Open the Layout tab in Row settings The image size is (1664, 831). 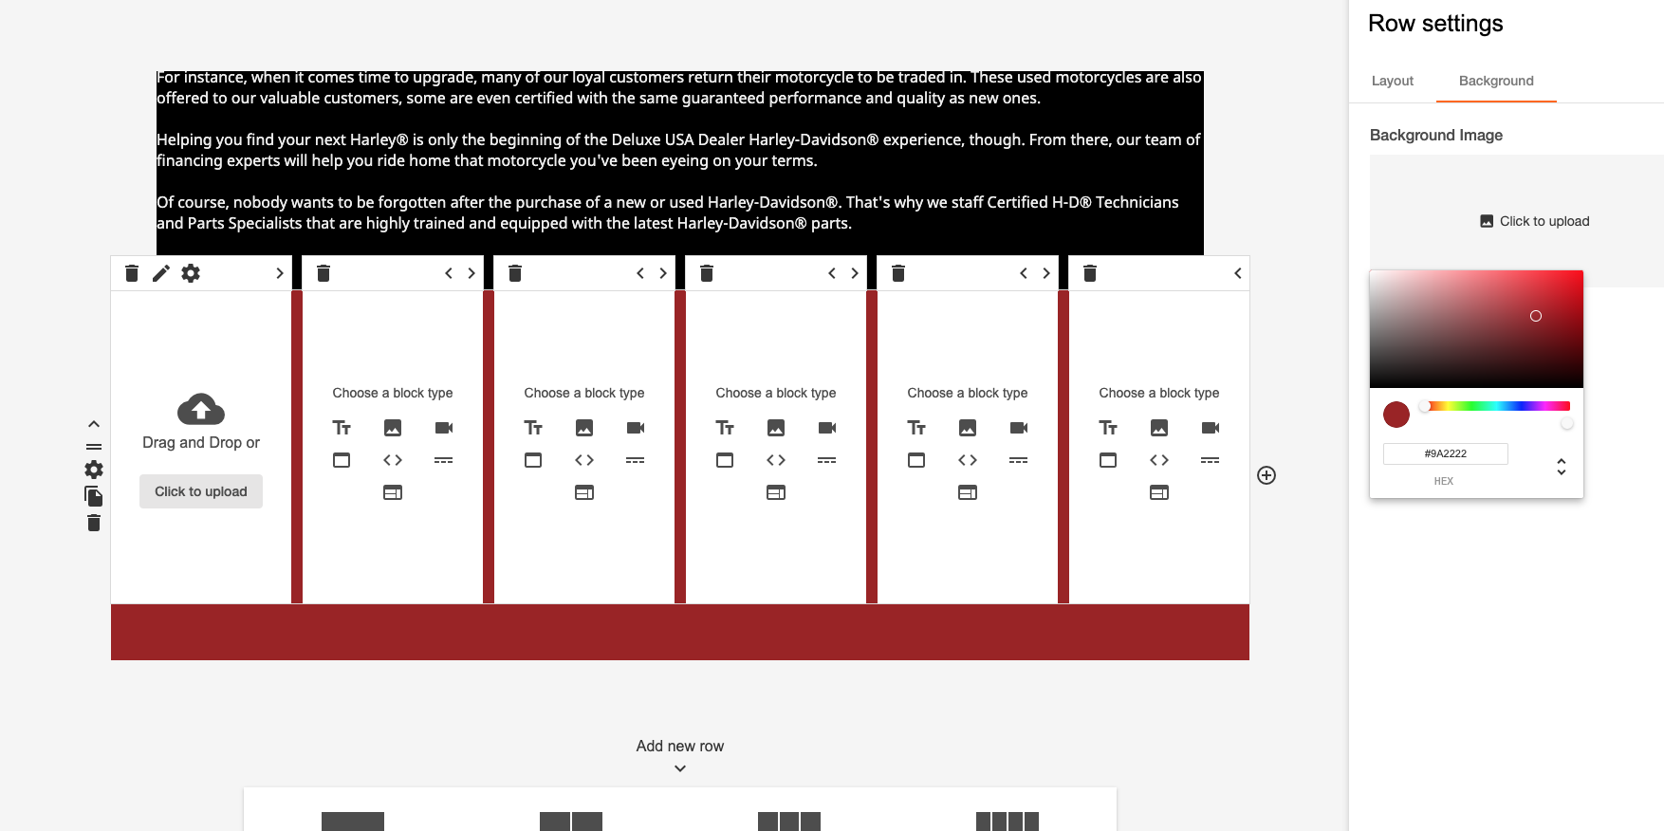(x=1392, y=81)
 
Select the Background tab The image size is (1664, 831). (x=1496, y=81)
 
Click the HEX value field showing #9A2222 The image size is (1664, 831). (x=1445, y=453)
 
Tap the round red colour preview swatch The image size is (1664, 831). (x=1396, y=415)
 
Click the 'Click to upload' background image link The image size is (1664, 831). (x=1534, y=221)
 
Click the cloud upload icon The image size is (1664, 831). (x=201, y=409)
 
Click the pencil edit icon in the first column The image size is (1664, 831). (x=161, y=273)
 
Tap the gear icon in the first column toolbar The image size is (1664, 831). (x=191, y=273)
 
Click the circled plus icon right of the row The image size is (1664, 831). (x=1266, y=475)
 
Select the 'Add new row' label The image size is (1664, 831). (x=680, y=746)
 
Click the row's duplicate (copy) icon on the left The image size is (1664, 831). (x=93, y=496)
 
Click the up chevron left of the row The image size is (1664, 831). (x=94, y=424)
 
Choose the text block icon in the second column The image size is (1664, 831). (x=342, y=428)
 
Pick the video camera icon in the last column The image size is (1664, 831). (x=1211, y=428)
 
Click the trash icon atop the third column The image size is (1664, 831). (x=515, y=273)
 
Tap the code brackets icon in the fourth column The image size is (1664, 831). (x=776, y=460)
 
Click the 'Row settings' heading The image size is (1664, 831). (x=1435, y=24)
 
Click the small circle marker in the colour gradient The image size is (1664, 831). (x=1536, y=316)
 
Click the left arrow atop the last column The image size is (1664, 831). (x=1238, y=273)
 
